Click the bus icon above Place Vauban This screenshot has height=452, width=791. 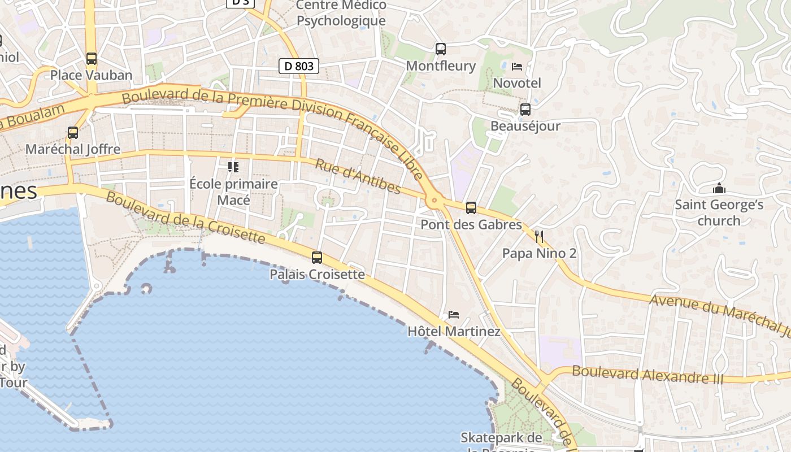coord(91,58)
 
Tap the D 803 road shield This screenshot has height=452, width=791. coord(299,66)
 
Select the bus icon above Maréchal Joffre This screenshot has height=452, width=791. coord(73,133)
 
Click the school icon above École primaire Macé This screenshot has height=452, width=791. coord(233,167)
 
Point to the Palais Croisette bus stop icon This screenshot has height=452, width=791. coord(317,258)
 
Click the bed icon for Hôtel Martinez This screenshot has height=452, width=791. coord(453,315)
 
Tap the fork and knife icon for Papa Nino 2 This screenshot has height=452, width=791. coord(539,236)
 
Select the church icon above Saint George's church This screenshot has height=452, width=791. coord(719,188)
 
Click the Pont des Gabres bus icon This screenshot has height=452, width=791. coord(471,208)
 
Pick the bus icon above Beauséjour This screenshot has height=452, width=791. coord(525,110)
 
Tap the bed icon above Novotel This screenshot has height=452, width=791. coord(516,67)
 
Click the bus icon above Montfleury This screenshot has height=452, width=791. coord(441,49)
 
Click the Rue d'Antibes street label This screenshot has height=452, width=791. coord(358,176)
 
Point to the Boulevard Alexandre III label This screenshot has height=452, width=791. coord(647,375)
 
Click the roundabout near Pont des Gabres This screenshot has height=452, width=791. coord(434,199)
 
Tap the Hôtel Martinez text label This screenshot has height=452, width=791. coord(454,331)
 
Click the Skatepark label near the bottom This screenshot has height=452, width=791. coord(501,438)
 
